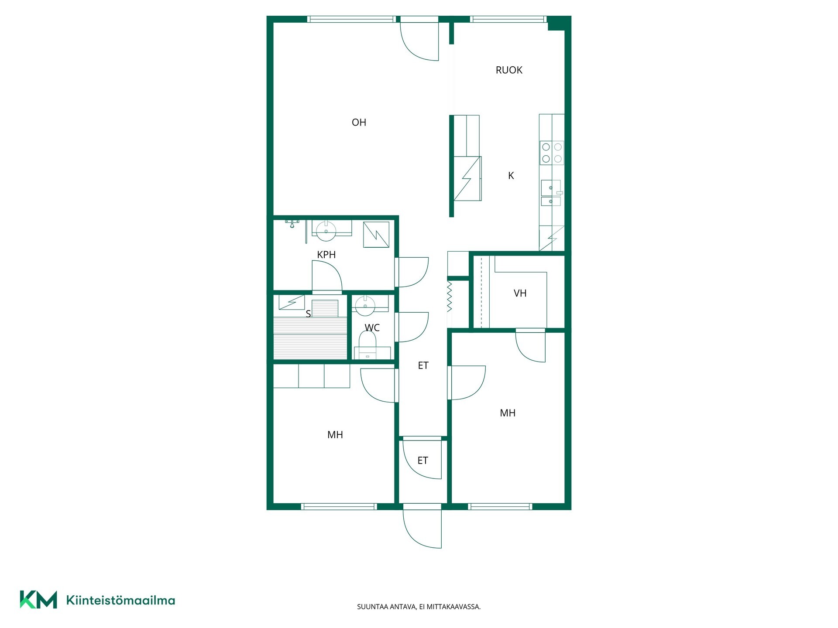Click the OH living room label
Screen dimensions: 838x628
pyautogui.click(x=359, y=123)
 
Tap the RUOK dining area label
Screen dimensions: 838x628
pyautogui.click(x=509, y=70)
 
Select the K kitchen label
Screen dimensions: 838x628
pyautogui.click(x=511, y=176)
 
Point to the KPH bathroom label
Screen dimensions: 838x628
pyautogui.click(x=326, y=255)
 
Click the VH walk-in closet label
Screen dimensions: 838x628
pyautogui.click(x=520, y=294)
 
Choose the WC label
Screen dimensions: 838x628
pyautogui.click(x=372, y=328)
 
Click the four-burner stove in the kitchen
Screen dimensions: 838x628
pyautogui.click(x=552, y=153)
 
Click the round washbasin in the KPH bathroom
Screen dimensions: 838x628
pyautogui.click(x=326, y=231)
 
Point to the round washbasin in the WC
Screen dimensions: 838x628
pyautogui.click(x=365, y=306)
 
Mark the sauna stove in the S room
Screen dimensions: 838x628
pyautogui.click(x=292, y=302)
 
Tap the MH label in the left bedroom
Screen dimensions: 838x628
pyautogui.click(x=335, y=435)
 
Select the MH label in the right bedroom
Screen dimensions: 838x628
pyautogui.click(x=508, y=413)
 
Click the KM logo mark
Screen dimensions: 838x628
pyautogui.click(x=38, y=600)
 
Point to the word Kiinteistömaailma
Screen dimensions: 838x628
pyautogui.click(x=120, y=601)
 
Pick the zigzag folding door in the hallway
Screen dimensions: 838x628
pyautogui.click(x=449, y=296)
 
